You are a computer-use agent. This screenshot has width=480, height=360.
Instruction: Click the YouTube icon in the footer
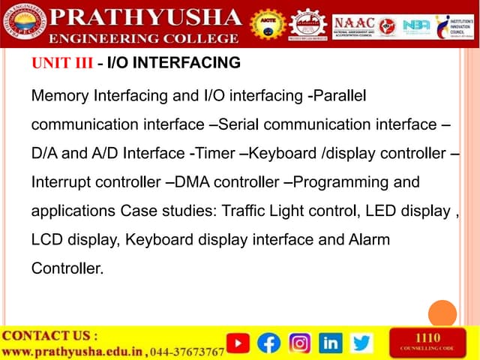[x=238, y=343]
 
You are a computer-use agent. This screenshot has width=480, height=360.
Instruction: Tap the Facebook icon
[x=268, y=343]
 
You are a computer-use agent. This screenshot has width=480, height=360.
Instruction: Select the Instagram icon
[x=300, y=343]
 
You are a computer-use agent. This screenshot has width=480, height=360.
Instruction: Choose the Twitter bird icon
[x=361, y=343]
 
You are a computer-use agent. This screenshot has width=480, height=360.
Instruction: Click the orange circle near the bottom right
[x=442, y=313]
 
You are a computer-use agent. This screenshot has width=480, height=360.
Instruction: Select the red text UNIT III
[x=62, y=63]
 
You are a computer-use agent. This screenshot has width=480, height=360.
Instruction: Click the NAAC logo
[x=358, y=23]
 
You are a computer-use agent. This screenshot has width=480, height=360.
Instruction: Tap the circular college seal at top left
[x=23, y=23]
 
